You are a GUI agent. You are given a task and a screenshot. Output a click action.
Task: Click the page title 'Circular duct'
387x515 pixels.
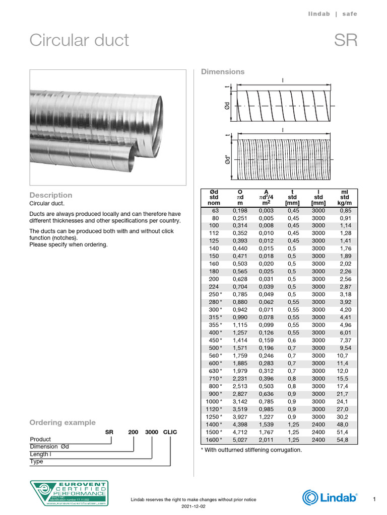pos(79,40)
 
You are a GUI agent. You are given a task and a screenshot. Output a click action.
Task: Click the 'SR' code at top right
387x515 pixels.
pos(346,40)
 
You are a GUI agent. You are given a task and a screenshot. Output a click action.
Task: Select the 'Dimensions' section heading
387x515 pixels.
pos(223,72)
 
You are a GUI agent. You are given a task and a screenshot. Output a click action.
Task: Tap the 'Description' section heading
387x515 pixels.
pos(50,195)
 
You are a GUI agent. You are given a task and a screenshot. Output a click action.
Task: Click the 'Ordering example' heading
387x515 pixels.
pos(62,422)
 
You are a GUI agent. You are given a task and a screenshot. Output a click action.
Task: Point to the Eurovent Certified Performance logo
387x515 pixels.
pos(69,493)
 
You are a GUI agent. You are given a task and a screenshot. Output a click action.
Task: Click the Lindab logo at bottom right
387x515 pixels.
pos(330,498)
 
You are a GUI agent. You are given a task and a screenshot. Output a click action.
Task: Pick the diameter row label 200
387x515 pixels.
pos(214,279)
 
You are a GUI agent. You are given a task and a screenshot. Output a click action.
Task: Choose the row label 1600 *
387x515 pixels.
pos(214,440)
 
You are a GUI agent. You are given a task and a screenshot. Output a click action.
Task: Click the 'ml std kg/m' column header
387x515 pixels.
pos(345,197)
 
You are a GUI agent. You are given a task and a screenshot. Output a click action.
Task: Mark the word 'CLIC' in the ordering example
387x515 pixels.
pos(170,432)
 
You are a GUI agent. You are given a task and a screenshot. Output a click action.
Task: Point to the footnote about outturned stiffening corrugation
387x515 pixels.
pos(251,450)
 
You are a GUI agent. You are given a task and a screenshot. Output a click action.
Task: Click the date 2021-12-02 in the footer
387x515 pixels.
pos(193,506)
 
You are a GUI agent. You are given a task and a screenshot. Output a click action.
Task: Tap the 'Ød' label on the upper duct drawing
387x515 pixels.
pos(227,106)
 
